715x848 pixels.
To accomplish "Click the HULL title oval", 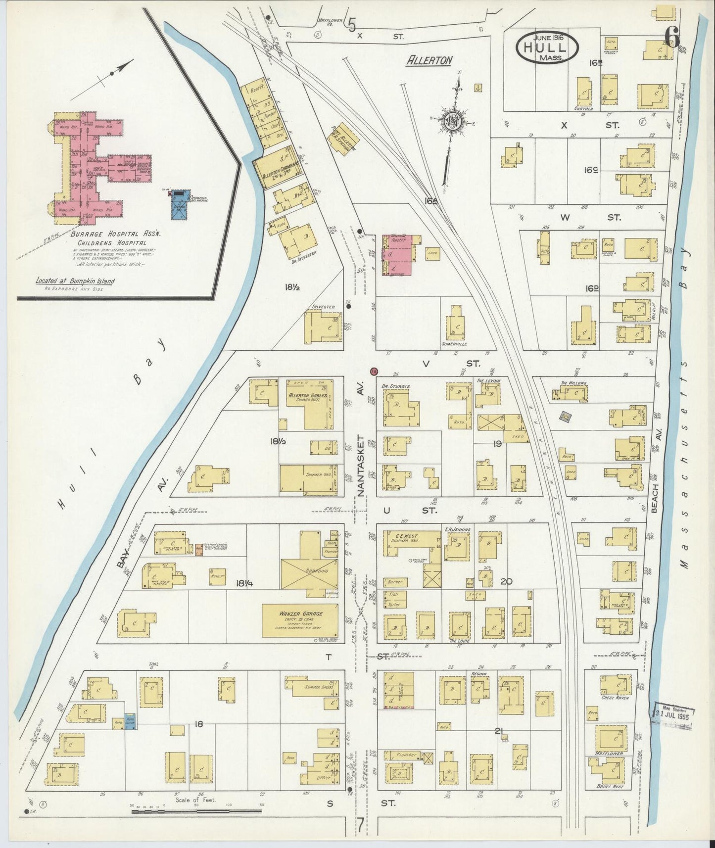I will click(x=547, y=48).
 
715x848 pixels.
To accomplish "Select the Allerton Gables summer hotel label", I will click(x=305, y=397).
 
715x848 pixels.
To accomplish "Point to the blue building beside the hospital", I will click(x=180, y=206).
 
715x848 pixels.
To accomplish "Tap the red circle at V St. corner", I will click(x=374, y=371).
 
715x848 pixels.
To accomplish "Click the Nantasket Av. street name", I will click(x=361, y=466).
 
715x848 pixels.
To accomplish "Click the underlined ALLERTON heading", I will click(x=429, y=60).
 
